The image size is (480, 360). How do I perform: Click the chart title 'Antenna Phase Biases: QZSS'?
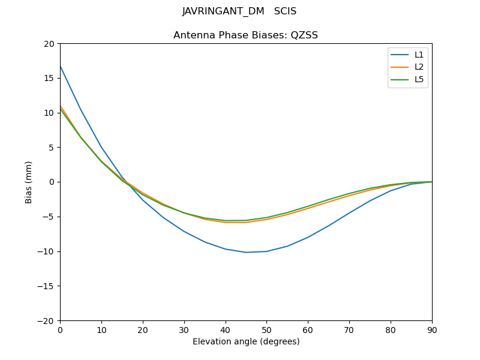point(245,35)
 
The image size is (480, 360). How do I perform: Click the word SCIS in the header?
point(285,11)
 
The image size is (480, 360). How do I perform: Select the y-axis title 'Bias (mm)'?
point(29,182)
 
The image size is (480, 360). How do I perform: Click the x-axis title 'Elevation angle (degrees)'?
point(245,342)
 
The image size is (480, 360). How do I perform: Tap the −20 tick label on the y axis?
point(47,320)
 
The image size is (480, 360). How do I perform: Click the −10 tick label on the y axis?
point(47,251)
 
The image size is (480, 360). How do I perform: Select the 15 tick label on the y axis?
point(49,78)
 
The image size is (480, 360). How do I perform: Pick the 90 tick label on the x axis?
point(431,330)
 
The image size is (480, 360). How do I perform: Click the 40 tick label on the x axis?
point(225,330)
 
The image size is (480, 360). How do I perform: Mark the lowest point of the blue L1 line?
point(246,252)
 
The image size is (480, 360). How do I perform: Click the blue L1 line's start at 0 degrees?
point(61,66)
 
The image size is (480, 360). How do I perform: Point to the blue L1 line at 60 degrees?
point(308,237)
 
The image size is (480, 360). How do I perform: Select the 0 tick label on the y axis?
point(52,182)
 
